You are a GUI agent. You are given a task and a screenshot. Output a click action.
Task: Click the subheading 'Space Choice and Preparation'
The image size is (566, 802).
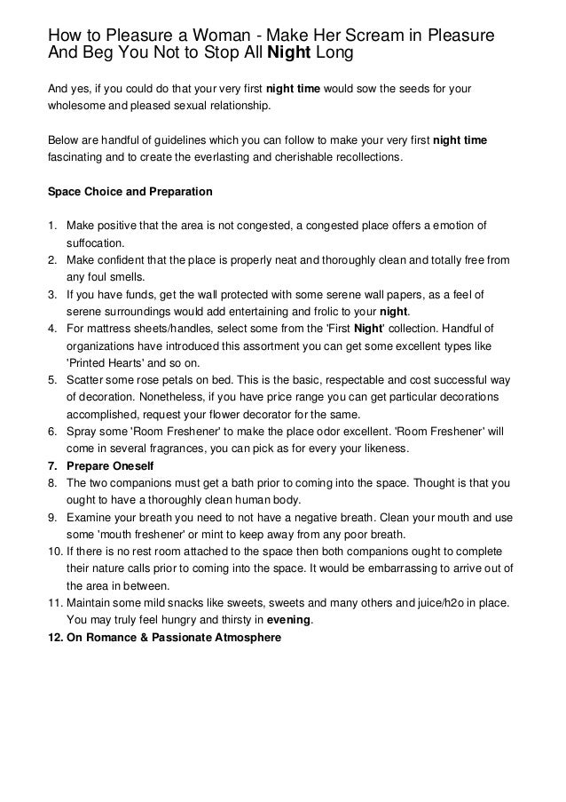[x=129, y=191]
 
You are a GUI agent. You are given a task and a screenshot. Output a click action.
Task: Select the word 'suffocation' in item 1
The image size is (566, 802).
[x=97, y=242]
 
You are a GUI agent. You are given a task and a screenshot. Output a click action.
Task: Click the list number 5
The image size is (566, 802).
[x=51, y=379]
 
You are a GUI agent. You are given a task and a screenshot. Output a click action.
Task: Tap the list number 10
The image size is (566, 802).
[x=54, y=552]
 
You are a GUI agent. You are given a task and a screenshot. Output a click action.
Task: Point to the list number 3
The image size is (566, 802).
[x=51, y=294]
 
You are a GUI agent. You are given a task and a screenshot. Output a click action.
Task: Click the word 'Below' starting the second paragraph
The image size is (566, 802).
[x=62, y=140]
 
